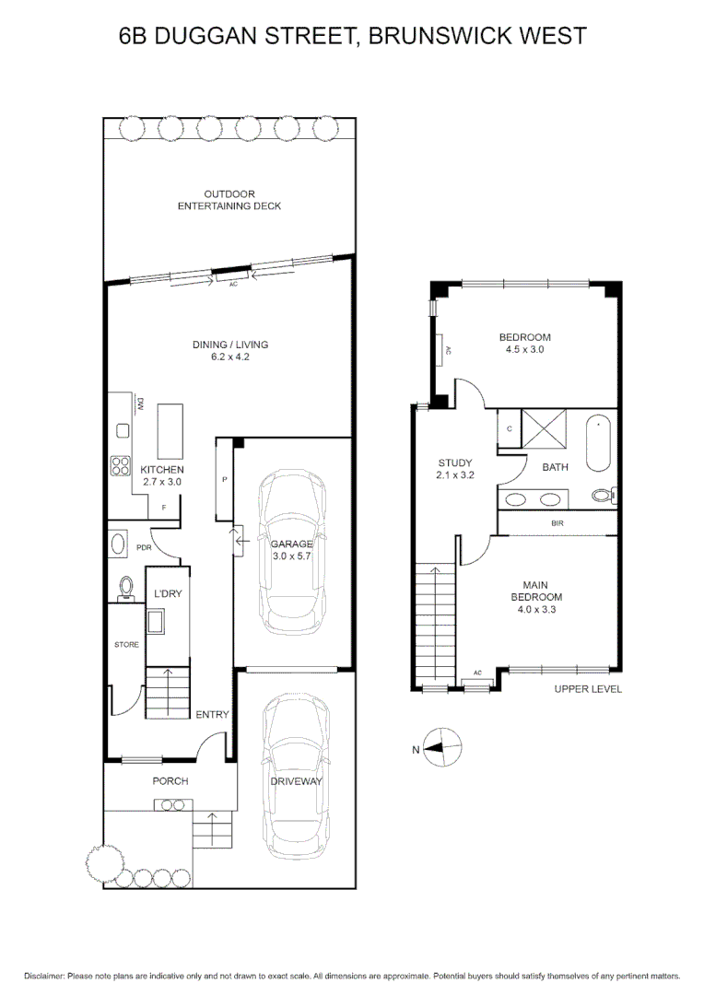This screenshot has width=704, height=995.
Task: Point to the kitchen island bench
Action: coord(170,431)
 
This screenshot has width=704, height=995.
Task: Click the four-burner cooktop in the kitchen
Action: coord(120,466)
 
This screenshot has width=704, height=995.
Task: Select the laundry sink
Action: coord(156,621)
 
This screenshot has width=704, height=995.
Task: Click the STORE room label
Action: coord(126,644)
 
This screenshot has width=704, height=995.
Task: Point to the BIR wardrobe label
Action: coord(557,523)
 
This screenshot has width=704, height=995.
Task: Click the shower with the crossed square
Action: coord(544,428)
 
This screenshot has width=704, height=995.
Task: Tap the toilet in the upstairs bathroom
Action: coord(604,495)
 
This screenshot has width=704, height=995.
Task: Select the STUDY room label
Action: coord(455,462)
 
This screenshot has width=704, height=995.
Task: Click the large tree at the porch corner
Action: coord(104,862)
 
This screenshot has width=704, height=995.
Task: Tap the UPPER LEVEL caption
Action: coord(588,688)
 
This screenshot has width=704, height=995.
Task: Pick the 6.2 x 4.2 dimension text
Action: coord(230,357)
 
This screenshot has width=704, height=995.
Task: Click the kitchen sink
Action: coord(123,429)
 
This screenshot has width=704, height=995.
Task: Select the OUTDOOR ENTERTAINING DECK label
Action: coord(229,200)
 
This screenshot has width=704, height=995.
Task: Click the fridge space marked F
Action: coord(164,508)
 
